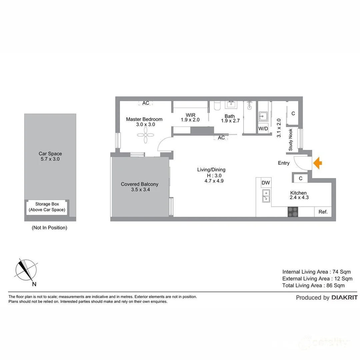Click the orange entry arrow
point(318,163)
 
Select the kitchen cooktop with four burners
point(293,212)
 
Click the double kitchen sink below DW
point(266,196)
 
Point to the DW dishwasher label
point(266,183)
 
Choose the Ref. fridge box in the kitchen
point(323,212)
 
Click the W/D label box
point(263,129)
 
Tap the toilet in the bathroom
point(217,106)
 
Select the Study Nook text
point(291,140)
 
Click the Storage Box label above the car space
point(47,207)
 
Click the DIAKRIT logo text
point(344,298)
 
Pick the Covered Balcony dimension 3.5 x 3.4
point(139,190)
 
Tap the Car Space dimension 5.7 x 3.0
point(50,159)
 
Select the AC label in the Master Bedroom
point(146,103)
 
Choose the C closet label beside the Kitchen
point(301,179)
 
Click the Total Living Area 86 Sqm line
point(313,285)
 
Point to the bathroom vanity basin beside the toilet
point(231,105)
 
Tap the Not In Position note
point(49,228)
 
